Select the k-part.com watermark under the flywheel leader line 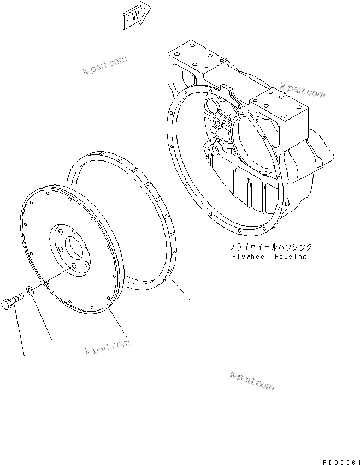click(107, 346)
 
